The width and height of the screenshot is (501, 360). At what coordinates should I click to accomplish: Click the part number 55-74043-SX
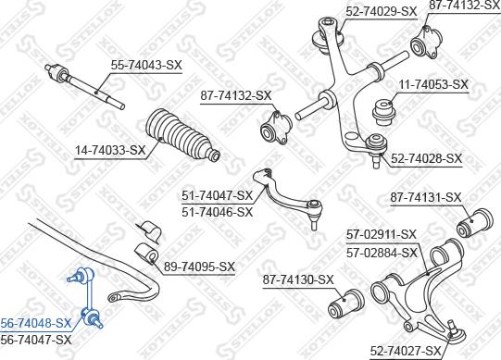pos(146,67)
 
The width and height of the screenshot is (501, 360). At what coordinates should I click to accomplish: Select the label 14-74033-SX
pos(111,150)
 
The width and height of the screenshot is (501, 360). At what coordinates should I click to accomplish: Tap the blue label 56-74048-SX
pos(36,324)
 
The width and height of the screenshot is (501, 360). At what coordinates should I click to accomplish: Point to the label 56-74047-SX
pos(36,340)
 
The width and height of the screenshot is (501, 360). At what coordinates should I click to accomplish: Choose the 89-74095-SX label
pos(200,267)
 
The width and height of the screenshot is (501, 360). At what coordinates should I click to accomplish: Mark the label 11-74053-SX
pos(433,84)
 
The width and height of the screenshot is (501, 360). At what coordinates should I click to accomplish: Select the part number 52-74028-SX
pos(426,159)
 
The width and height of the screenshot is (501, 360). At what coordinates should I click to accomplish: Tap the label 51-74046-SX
pos(218,212)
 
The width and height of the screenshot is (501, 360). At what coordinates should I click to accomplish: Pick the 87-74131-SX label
pos(426,197)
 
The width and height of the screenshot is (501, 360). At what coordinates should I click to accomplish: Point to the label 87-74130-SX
pos(298,279)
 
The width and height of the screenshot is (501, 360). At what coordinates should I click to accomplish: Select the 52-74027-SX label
pos(407,351)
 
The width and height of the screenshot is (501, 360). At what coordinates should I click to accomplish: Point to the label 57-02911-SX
pos(382,234)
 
